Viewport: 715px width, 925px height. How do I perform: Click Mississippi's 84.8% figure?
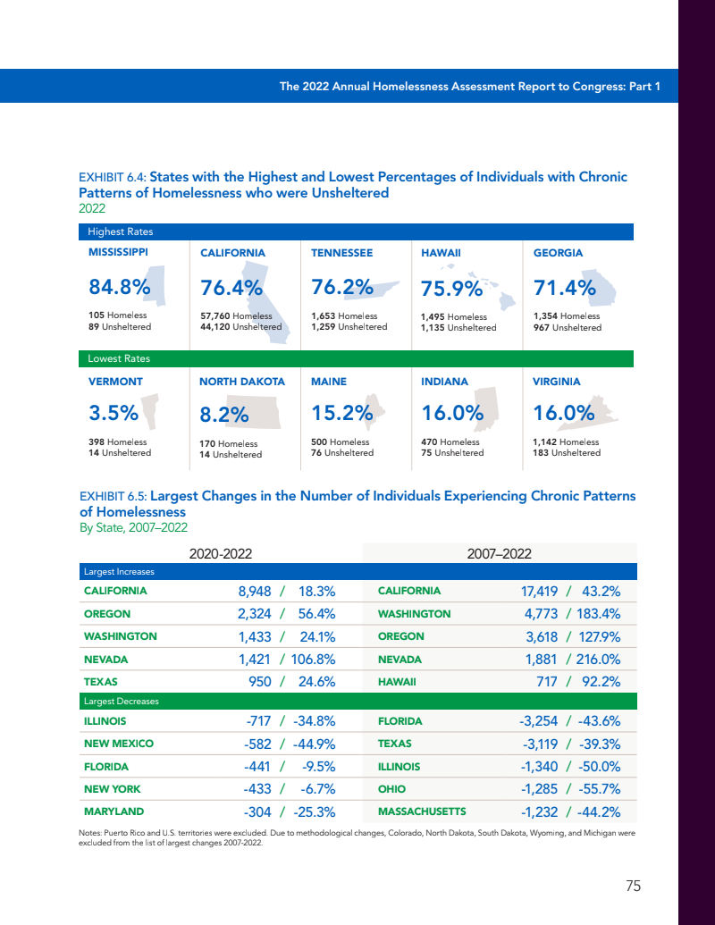pyautogui.click(x=119, y=288)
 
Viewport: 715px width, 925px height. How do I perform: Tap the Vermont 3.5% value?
pyautogui.click(x=114, y=414)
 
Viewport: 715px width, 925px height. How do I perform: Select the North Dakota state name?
pyautogui.click(x=242, y=382)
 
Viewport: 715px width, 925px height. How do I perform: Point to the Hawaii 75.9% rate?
pyautogui.click(x=451, y=290)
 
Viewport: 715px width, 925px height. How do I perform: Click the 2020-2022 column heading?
pyautogui.click(x=220, y=553)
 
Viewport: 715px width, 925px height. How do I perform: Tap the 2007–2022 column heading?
pyautogui.click(x=500, y=553)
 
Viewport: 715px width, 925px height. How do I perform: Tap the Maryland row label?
pyautogui.click(x=114, y=812)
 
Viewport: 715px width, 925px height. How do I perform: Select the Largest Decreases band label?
pyautogui.click(x=121, y=702)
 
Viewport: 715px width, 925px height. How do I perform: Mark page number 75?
pyautogui.click(x=633, y=887)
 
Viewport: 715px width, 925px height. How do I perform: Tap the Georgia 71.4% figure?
pyautogui.click(x=564, y=288)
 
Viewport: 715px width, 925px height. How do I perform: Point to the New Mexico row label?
pyautogui.click(x=119, y=744)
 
